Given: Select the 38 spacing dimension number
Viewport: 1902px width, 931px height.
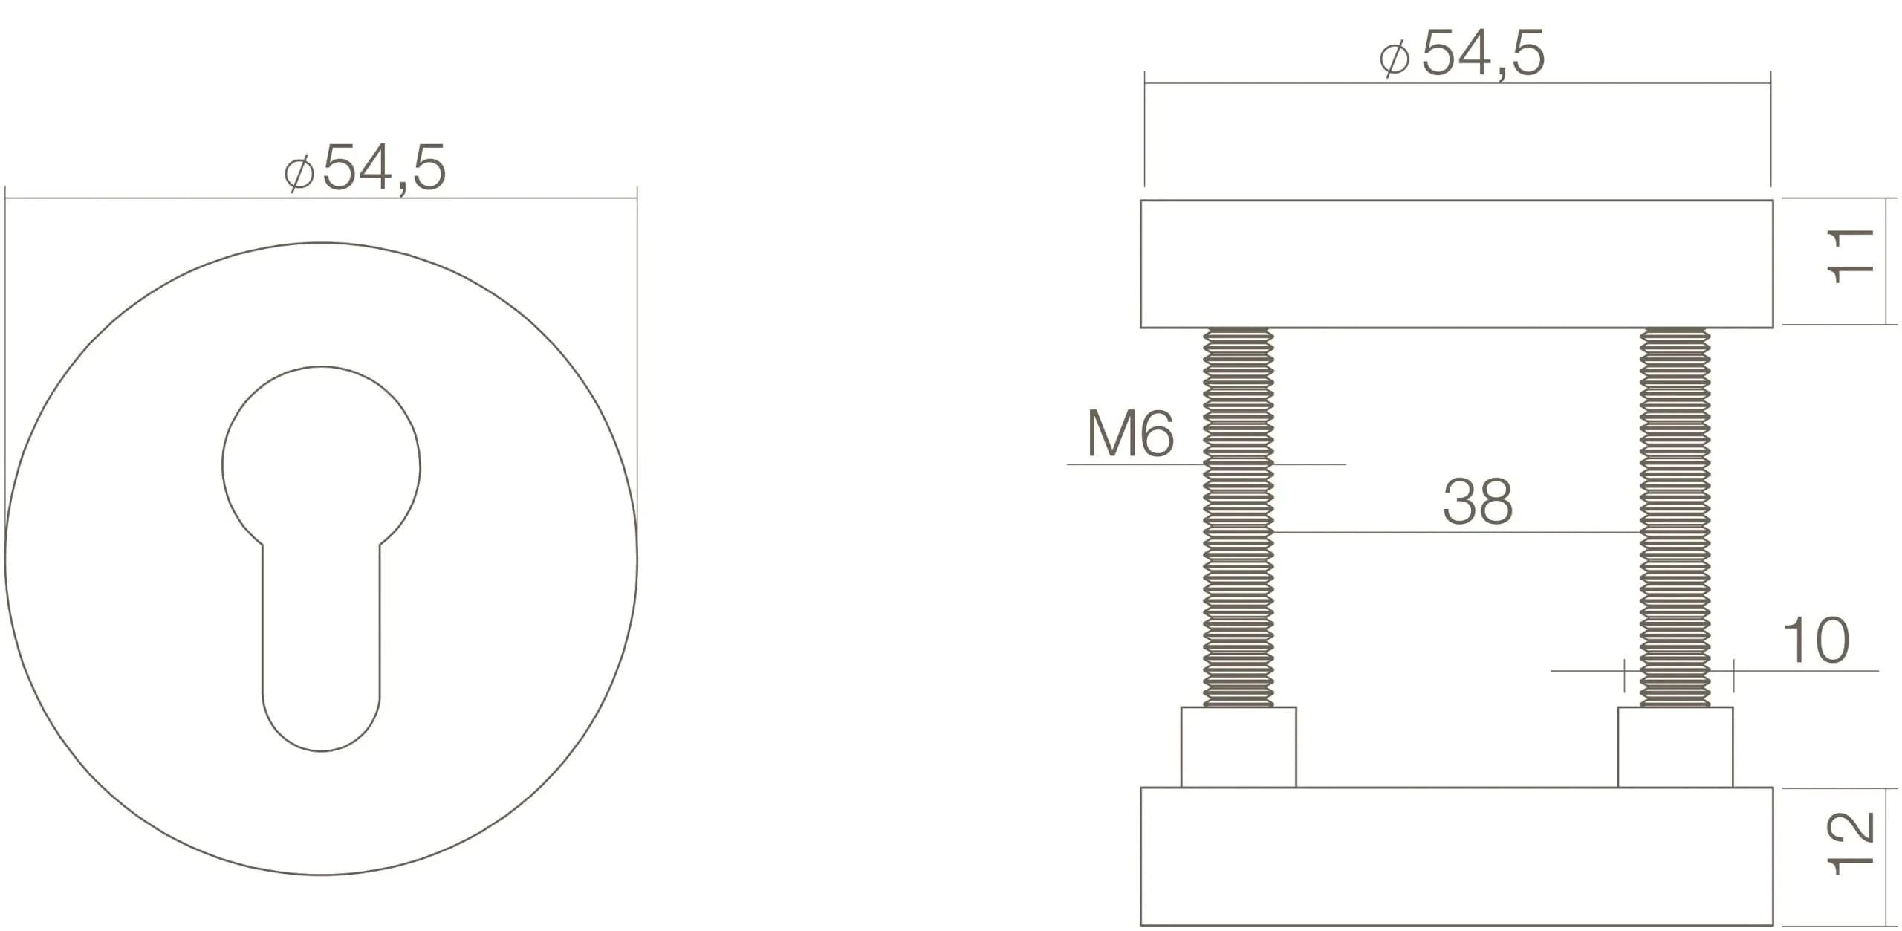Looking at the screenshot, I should point(1477,502).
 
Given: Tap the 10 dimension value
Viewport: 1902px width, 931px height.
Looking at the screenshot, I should point(1816,640).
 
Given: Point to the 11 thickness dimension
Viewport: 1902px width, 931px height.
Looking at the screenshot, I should point(1850,256).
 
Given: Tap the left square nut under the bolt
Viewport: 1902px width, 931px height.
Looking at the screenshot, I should point(1238,747).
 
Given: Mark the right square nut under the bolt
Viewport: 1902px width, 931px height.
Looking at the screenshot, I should point(1675,747).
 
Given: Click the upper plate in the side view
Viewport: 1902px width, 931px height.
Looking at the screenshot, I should point(1456,264).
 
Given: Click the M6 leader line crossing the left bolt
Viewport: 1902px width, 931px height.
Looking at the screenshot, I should point(1308,464).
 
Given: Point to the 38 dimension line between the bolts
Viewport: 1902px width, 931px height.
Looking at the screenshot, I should point(1456,532).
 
